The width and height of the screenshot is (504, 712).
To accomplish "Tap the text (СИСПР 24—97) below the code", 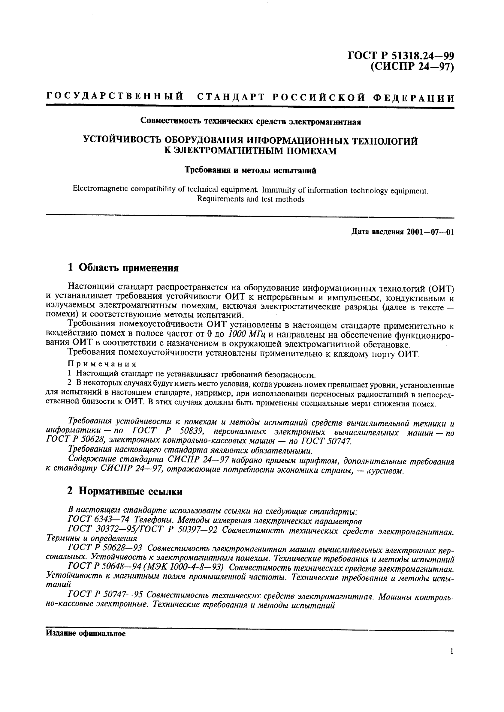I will (x=412, y=66).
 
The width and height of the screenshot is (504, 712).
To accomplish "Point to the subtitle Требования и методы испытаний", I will (x=250, y=170).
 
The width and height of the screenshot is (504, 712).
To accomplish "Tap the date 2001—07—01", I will (x=430, y=232).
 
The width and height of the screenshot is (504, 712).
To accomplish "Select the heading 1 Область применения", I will (x=123, y=267).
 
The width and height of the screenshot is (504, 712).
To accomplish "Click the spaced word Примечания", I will (x=102, y=364).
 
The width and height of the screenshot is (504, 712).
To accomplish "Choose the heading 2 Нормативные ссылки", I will (x=125, y=491).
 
